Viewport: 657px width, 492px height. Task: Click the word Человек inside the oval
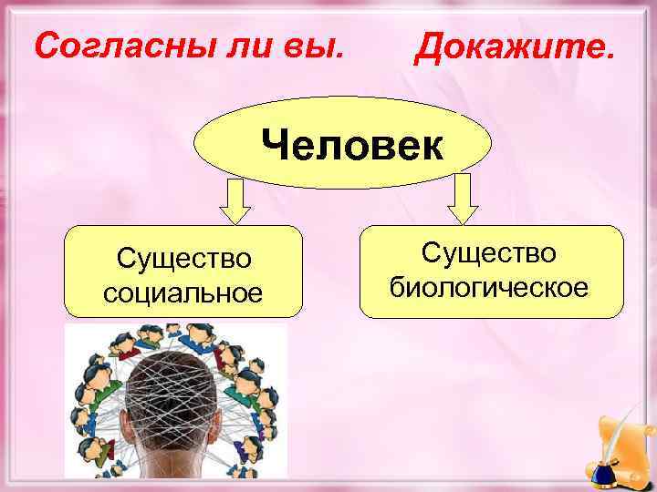(351, 145)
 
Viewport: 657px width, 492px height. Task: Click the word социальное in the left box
(182, 292)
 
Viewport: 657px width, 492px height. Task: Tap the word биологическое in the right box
(489, 288)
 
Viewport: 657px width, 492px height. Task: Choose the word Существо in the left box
(182, 260)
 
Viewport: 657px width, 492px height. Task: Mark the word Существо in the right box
(489, 255)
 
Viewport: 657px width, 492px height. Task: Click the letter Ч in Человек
(274, 145)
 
